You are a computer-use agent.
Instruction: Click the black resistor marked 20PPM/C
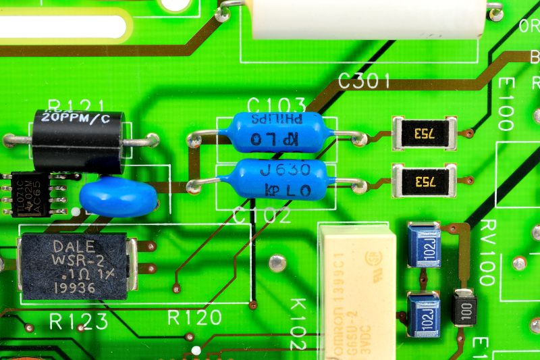78,140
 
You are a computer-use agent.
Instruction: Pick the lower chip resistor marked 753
424,181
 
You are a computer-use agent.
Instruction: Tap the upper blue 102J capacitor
424,245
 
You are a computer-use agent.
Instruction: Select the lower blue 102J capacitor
424,314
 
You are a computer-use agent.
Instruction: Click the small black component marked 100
464,307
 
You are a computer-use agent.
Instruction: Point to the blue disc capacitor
118,197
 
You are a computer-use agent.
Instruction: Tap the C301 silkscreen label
364,82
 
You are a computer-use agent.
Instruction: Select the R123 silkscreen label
78,322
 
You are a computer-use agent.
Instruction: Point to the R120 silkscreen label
194,318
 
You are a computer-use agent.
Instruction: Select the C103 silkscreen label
276,105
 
